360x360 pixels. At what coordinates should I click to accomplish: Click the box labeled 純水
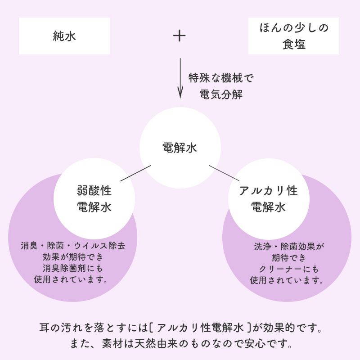tap(64, 36)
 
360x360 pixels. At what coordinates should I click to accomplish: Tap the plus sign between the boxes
tap(180, 36)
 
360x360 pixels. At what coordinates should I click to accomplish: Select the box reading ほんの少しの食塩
tap(294, 36)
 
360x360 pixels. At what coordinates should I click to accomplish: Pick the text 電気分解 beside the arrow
tap(220, 95)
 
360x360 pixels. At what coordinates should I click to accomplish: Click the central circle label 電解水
tap(180, 148)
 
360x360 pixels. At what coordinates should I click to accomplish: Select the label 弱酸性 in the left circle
tap(94, 191)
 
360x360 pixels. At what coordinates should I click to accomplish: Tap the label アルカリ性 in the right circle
tap(268, 191)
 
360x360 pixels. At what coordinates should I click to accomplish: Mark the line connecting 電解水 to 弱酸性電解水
tap(135, 173)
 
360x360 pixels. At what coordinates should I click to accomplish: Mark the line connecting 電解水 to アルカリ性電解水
tap(224, 173)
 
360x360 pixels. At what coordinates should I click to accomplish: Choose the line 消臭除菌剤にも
tap(73, 268)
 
